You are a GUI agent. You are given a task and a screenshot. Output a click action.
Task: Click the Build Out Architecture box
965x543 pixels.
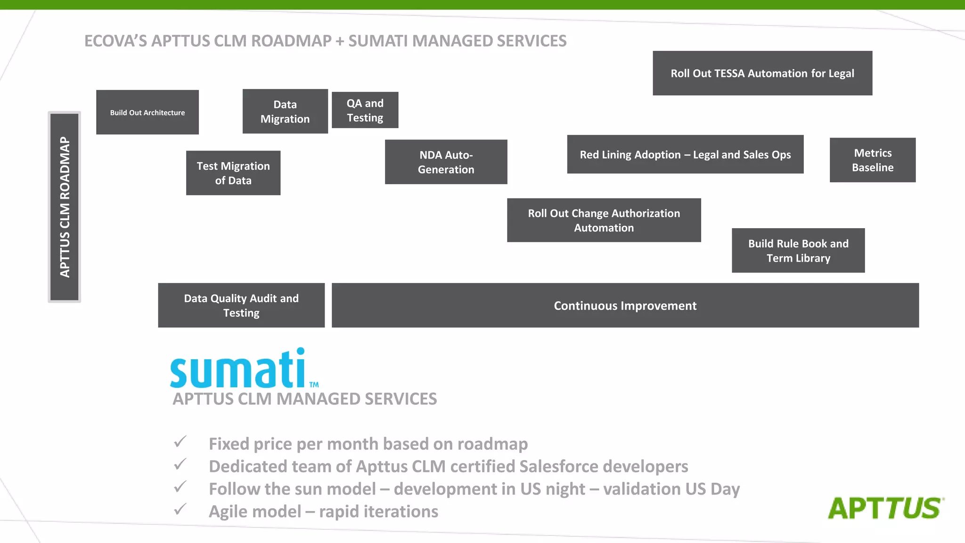pyautogui.click(x=147, y=112)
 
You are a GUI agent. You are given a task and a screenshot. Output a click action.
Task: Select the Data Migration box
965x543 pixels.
pyautogui.click(x=285, y=111)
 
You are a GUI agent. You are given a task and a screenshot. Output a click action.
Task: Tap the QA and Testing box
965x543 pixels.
pyautogui.click(x=365, y=110)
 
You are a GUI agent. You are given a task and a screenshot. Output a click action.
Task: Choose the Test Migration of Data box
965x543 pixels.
pyautogui.click(x=233, y=173)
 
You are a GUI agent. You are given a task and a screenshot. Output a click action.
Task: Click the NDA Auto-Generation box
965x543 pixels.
pyautogui.click(x=446, y=162)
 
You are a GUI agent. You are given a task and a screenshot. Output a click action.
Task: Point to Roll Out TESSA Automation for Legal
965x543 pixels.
pyautogui.click(x=762, y=73)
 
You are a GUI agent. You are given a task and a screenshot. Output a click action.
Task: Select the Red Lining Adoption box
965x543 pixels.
pyautogui.click(x=685, y=155)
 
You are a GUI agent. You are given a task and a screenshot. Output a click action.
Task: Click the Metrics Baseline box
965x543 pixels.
pyautogui.click(x=872, y=160)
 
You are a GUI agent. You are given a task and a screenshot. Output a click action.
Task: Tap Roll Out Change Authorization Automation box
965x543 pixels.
pyautogui.click(x=604, y=220)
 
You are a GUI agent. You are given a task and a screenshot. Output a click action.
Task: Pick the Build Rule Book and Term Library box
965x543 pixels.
pyautogui.click(x=798, y=250)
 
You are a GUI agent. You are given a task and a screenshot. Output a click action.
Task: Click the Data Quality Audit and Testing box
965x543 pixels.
pyautogui.click(x=241, y=305)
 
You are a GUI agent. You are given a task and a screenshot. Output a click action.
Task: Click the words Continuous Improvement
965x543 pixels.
pyautogui.click(x=625, y=306)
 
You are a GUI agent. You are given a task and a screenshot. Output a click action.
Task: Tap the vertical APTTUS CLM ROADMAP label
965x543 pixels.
pyautogui.click(x=65, y=207)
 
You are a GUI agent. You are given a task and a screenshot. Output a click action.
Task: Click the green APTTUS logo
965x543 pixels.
pyautogui.click(x=885, y=508)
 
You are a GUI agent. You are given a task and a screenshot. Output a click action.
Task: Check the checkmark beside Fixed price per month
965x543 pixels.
pyautogui.click(x=180, y=442)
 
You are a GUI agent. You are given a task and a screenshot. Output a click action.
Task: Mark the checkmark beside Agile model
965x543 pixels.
pyautogui.click(x=180, y=510)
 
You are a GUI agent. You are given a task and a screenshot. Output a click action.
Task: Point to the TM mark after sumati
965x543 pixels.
pyautogui.click(x=314, y=385)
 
